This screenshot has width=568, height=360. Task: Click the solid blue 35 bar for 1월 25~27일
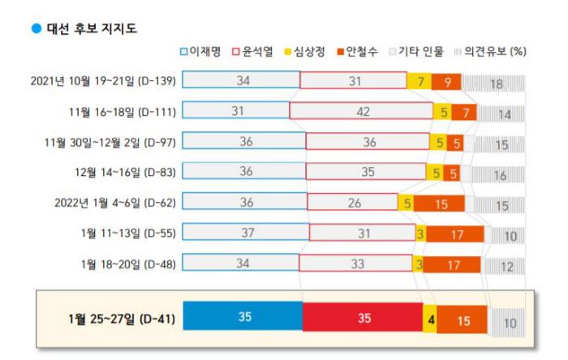pos(243,316)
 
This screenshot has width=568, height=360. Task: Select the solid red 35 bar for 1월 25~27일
pos(362,316)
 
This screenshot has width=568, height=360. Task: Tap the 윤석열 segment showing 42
pos(359,111)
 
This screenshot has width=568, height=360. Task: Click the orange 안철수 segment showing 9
pos(447,81)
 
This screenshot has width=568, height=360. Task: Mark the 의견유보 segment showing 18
pos(494,82)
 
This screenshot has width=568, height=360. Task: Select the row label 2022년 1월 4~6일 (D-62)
pos(113,203)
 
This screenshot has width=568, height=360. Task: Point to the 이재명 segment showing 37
pos(245,233)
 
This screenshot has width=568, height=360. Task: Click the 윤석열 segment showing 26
pos(351,203)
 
